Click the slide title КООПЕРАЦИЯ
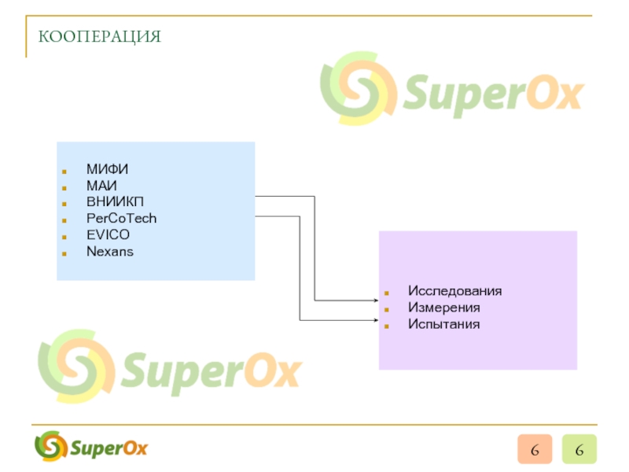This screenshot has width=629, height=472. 100,36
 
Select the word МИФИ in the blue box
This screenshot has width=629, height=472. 108,169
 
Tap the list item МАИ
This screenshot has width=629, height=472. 102,186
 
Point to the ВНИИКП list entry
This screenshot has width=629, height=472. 115,202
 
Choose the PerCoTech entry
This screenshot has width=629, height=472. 122,219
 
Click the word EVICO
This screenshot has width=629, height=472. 109,235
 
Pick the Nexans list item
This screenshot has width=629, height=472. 110,252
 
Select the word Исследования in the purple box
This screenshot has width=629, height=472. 454,291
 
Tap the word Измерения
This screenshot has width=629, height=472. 443,308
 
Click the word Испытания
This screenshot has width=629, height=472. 443,324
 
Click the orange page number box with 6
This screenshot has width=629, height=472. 535,450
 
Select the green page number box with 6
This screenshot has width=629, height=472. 579,450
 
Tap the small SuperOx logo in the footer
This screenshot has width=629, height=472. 91,448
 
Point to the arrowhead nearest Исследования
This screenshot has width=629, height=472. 375,300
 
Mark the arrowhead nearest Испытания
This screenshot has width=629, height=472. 375,320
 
